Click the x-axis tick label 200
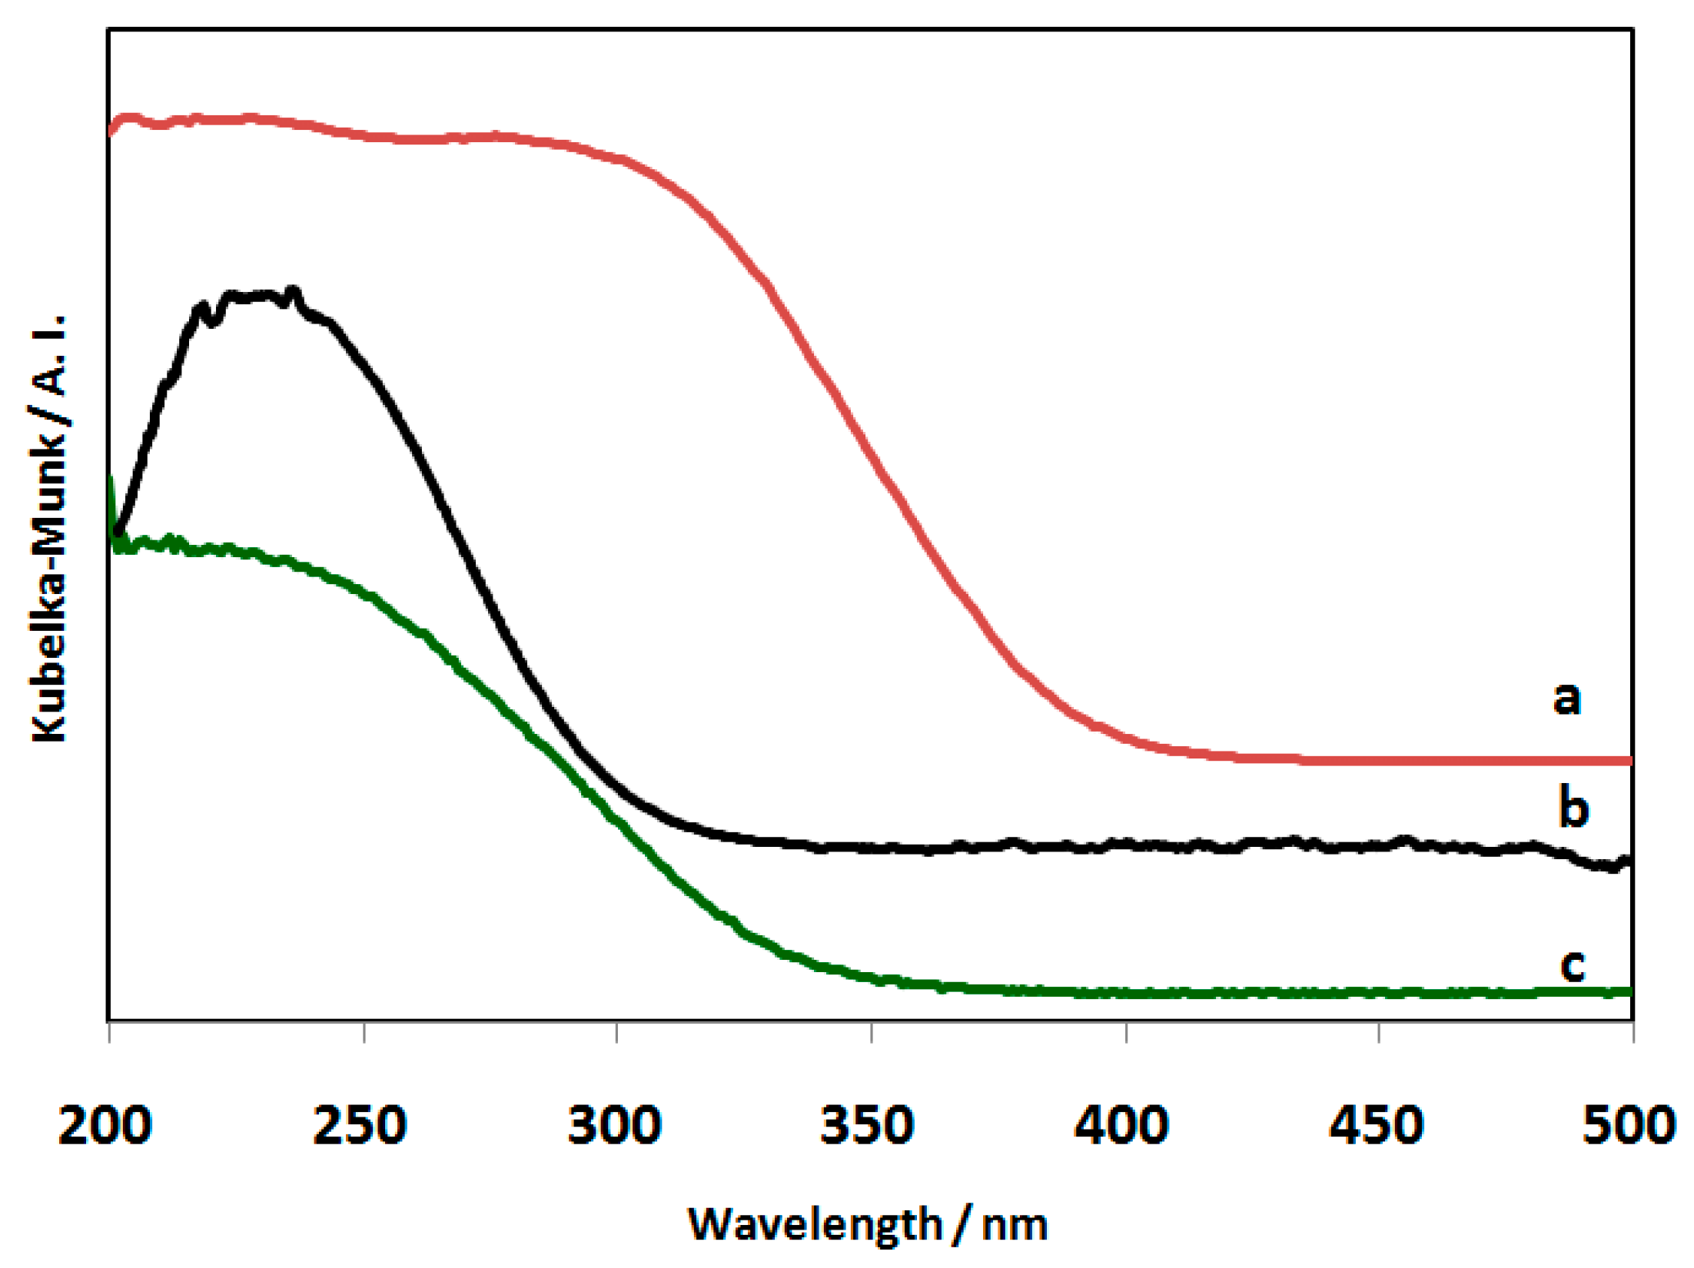(x=105, y=1127)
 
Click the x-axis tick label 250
(x=360, y=1127)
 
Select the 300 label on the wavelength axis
(x=614, y=1127)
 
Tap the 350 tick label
(x=868, y=1127)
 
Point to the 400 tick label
(x=1122, y=1127)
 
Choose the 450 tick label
(x=1377, y=1127)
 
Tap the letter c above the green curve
(x=1573, y=965)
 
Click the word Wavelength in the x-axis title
(x=815, y=1224)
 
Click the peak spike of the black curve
(x=292, y=290)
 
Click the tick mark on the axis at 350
(x=872, y=1032)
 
